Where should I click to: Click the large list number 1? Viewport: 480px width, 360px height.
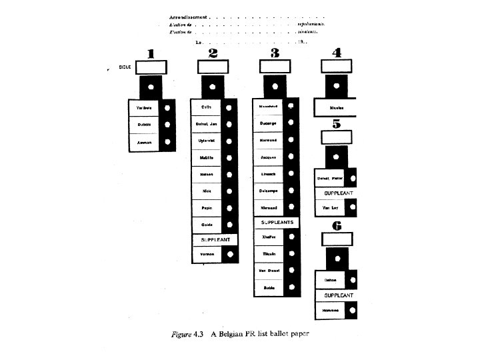coord(151,53)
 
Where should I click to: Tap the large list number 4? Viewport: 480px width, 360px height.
coord(337,53)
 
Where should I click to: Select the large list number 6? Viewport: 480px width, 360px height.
coord(337,226)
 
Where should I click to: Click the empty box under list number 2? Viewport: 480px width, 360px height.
coord(213,67)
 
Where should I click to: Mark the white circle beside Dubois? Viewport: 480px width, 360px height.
coord(167,125)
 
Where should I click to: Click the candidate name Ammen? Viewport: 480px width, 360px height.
coord(144,143)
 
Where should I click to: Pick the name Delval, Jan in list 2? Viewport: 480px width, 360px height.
coord(207,124)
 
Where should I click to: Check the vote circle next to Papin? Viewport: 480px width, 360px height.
coord(230,208)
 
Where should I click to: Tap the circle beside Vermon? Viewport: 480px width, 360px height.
coord(230,254)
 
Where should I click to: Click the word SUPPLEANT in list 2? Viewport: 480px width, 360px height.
coord(211,239)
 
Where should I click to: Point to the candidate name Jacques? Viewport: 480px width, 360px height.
coord(269,157)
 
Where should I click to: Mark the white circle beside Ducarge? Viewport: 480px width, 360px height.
coord(292,124)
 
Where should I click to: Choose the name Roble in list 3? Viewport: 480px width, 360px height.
coord(269,287)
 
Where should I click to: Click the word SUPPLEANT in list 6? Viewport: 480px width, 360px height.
coord(338,295)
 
